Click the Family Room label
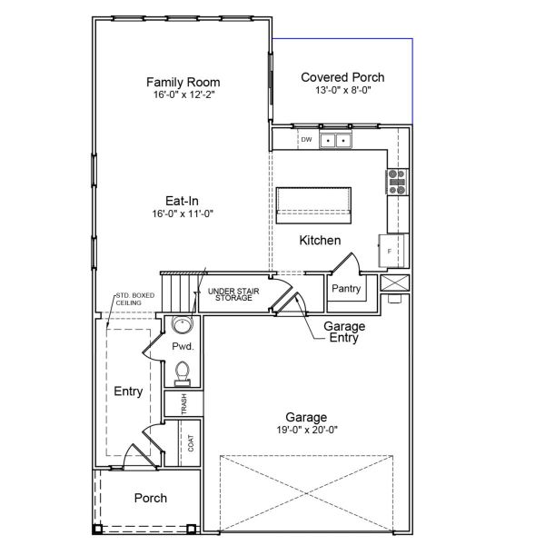(184, 82)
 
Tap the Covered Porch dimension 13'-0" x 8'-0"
(342, 91)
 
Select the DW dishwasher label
(306, 140)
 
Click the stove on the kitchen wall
(396, 182)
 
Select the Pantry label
(346, 289)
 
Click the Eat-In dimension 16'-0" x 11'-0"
(184, 214)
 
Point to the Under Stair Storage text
(233, 293)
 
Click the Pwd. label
(183, 347)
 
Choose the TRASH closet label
(184, 403)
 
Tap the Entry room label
(128, 391)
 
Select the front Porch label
(150, 498)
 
